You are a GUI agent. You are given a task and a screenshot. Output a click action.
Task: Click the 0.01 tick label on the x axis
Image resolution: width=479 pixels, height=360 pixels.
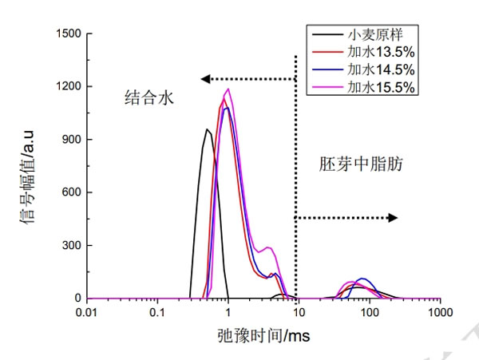click(86, 312)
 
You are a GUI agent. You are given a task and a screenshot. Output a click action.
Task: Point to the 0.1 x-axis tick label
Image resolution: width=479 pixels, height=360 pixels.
click(157, 312)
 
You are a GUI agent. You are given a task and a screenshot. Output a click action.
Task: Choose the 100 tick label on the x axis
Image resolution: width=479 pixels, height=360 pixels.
click(370, 312)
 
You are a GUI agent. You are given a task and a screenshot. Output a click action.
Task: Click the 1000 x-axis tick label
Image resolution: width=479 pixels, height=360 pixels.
click(440, 312)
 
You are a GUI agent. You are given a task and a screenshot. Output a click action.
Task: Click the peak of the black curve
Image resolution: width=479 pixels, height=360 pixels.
click(208, 129)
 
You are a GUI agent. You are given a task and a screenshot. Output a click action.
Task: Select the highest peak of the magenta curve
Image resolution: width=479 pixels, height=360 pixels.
click(228, 89)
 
